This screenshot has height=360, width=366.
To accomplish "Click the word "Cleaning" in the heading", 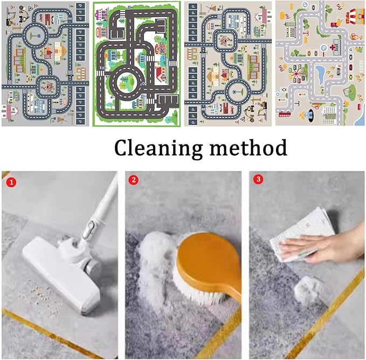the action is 158,148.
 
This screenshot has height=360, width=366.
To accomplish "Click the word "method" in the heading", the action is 248,148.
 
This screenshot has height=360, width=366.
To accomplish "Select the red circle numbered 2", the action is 134,180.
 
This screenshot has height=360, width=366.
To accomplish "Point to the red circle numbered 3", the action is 258,179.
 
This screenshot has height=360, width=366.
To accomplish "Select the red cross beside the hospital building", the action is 333,47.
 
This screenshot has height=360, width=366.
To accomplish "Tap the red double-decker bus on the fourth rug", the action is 285,114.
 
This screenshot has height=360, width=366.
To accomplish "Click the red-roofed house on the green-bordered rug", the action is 161,73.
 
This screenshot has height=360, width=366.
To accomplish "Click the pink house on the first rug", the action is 10,112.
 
